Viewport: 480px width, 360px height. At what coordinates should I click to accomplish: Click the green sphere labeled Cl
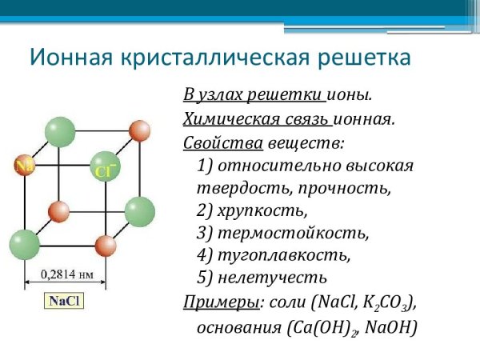[105, 166]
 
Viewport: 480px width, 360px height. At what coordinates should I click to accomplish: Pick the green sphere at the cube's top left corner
[60, 130]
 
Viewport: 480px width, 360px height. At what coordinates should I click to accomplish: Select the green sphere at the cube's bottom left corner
[24, 243]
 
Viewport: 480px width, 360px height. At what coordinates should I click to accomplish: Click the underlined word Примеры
[210, 302]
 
